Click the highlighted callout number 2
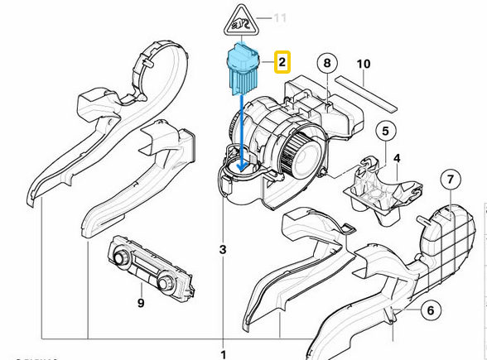pos(282,61)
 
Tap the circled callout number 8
pos(327,63)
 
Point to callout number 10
pos(363,63)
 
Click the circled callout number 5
pos(385,131)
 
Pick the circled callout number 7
pos(449,180)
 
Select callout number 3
pos(222,249)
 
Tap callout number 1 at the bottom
pos(222,354)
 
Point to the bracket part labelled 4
pos(377,186)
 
